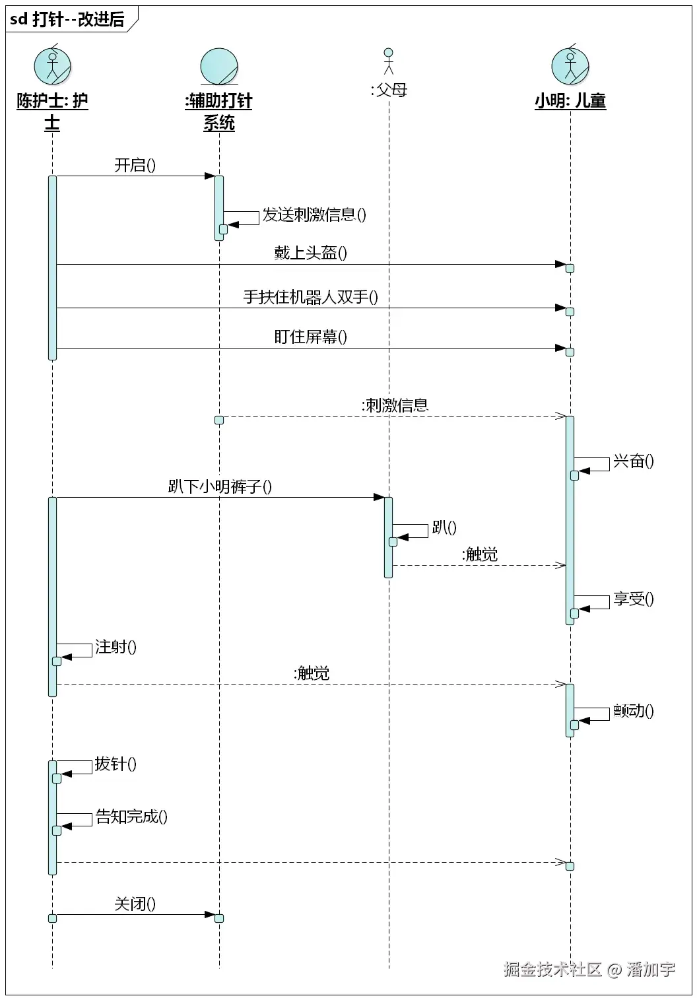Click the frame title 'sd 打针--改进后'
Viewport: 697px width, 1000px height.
click(x=68, y=19)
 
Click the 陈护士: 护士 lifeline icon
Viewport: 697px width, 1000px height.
click(x=52, y=66)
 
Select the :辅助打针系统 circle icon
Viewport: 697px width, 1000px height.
click(x=219, y=67)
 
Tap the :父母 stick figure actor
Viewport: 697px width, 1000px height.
click(x=389, y=61)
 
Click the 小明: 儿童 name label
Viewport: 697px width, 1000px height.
click(x=570, y=101)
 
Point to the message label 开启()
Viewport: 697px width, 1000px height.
click(x=135, y=165)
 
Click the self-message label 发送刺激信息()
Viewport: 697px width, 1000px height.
click(x=314, y=215)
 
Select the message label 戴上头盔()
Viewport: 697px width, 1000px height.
click(x=311, y=253)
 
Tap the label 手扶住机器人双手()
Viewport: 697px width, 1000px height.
click(x=311, y=297)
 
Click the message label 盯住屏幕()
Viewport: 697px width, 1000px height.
click(x=311, y=337)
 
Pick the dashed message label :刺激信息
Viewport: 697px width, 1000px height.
click(x=395, y=405)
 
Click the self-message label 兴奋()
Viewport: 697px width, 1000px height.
click(x=634, y=461)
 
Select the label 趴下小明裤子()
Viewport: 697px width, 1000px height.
click(x=220, y=486)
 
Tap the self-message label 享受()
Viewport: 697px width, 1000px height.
click(x=634, y=599)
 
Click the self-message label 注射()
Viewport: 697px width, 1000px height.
click(x=116, y=647)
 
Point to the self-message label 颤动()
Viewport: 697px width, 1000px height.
click(x=634, y=711)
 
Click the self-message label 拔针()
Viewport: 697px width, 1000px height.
click(x=116, y=764)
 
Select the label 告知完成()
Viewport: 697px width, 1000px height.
click(x=131, y=817)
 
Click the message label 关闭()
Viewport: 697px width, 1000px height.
click(x=135, y=904)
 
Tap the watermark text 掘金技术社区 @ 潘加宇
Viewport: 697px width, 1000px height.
click(x=589, y=969)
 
